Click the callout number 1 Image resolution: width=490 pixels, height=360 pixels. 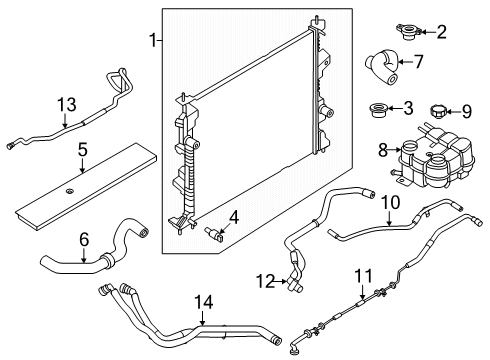(153, 40)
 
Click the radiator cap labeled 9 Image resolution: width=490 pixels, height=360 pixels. (441, 108)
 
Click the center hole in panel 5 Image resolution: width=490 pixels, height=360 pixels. (72, 190)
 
